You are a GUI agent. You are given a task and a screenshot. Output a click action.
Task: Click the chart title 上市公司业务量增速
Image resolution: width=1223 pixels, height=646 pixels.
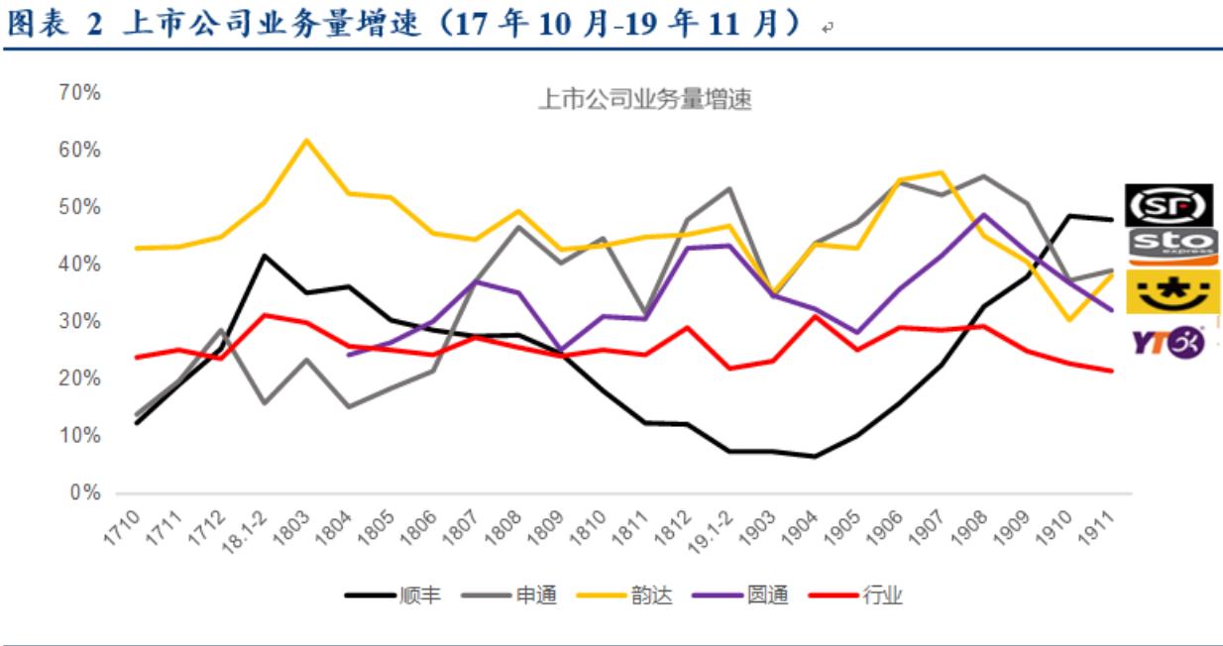(644, 100)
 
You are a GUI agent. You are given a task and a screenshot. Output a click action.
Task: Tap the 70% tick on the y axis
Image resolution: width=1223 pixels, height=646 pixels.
(80, 93)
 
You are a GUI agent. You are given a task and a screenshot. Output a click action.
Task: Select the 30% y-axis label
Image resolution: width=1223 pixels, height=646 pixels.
(80, 322)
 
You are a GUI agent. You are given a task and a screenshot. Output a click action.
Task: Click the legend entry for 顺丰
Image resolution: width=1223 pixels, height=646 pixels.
(393, 595)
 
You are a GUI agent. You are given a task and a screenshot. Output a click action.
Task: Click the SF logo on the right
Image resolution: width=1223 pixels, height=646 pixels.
(1170, 205)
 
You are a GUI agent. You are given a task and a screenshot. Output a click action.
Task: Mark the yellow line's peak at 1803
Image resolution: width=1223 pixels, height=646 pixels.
(306, 140)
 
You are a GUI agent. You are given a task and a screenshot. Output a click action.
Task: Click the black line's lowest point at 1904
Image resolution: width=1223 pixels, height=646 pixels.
(814, 457)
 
